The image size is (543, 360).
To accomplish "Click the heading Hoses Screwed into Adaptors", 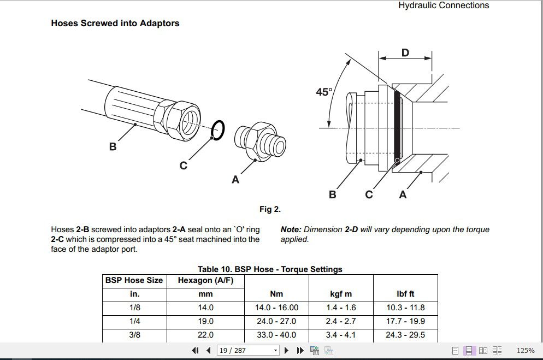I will (115, 23).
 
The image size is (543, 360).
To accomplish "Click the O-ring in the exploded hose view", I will (217, 130).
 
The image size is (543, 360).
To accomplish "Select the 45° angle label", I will (324, 92).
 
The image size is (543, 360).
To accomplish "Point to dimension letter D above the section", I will (405, 52).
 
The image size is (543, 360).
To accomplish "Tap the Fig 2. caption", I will (270, 209).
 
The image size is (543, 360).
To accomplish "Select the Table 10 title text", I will (270, 269).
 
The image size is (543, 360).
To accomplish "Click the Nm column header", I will (276, 294).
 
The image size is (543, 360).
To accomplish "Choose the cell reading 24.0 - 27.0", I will (276, 321).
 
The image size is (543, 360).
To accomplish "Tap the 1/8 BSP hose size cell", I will (134, 308).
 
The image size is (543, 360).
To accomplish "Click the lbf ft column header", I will (405, 294).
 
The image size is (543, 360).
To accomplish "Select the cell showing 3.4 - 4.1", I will (340, 335).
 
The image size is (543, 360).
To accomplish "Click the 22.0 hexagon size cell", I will (205, 335).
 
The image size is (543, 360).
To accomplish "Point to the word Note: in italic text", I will (291, 230).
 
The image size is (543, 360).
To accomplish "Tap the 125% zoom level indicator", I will (525, 350).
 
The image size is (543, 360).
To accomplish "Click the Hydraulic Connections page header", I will (443, 5).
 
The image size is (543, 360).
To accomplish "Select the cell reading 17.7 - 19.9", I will (405, 321).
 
